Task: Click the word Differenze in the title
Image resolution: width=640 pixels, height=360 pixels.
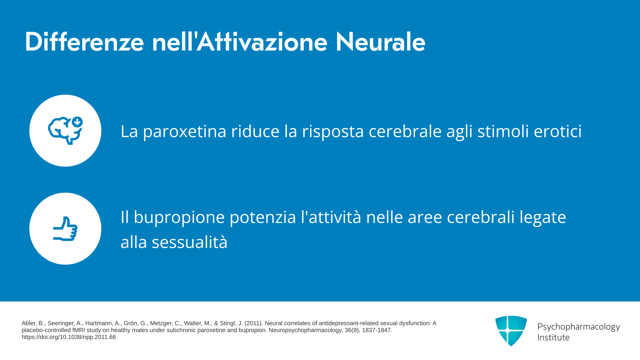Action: tap(84, 42)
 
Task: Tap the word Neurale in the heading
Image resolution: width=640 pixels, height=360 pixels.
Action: tap(380, 42)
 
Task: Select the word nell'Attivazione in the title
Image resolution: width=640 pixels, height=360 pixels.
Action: tap(240, 42)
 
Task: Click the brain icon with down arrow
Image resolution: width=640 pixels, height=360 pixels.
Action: tap(65, 131)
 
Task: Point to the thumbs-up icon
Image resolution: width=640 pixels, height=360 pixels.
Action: tap(65, 229)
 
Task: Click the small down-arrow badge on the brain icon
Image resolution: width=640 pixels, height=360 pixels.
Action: tap(77, 122)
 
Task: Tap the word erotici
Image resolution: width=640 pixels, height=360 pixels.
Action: tap(558, 131)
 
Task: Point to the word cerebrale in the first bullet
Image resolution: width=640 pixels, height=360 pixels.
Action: tap(405, 131)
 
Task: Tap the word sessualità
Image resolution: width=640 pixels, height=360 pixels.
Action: tap(190, 242)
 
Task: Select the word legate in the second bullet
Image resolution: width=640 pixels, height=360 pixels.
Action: tap(543, 217)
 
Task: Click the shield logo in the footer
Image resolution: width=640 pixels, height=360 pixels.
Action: tap(511, 331)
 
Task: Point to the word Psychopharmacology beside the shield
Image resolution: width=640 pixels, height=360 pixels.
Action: tap(579, 327)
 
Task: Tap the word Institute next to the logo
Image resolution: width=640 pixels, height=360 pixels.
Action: tap(553, 337)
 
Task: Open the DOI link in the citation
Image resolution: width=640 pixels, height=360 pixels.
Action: tap(69, 337)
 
